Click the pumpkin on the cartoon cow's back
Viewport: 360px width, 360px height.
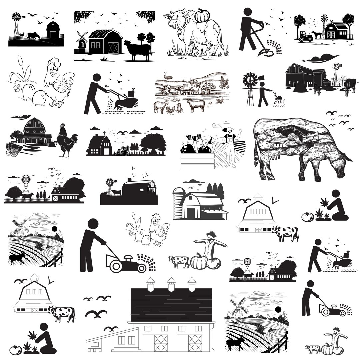click(202, 16)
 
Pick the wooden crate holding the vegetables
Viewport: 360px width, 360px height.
click(197, 161)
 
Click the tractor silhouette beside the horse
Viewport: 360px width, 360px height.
click(305, 37)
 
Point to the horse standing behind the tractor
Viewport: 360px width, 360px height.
click(317, 35)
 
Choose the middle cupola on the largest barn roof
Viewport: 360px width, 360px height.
click(171, 283)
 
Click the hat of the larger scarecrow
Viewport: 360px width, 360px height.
click(211, 234)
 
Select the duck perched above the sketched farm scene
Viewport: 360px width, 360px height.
click(168, 76)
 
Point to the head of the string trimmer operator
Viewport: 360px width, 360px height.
click(247, 12)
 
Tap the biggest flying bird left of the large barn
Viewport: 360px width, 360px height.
click(96, 313)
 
